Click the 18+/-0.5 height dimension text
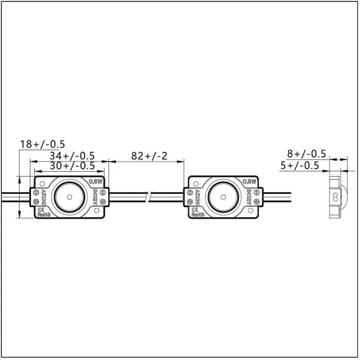click(43, 144)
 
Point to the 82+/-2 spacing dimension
click(149, 156)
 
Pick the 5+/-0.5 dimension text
click(300, 165)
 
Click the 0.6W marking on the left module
click(96, 181)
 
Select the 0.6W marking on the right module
click(249, 181)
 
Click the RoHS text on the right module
click(198, 215)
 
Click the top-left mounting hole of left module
click(41, 183)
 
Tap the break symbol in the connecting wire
click(149, 197)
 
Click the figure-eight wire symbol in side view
click(334, 197)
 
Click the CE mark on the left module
click(43, 210)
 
